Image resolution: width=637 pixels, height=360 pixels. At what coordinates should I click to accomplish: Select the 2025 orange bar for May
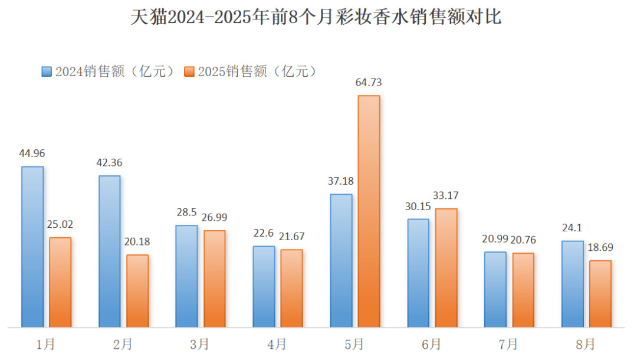(369, 211)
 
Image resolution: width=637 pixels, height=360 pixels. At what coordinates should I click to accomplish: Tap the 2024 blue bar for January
(32, 247)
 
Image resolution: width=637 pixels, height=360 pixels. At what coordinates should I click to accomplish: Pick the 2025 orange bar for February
(137, 291)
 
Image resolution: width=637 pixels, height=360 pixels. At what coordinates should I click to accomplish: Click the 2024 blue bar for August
(572, 284)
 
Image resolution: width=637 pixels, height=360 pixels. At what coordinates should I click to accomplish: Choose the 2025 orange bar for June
(446, 268)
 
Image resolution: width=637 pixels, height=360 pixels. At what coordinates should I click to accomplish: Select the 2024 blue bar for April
(264, 286)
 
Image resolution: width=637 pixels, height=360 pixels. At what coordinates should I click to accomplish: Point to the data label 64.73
(369, 83)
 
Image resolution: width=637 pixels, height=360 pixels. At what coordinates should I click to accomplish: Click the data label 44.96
(32, 153)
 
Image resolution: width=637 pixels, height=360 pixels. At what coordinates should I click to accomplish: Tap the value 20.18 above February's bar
(137, 241)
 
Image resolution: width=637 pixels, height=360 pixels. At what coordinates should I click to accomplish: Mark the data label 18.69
(600, 247)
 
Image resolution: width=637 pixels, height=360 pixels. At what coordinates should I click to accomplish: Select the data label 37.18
(341, 181)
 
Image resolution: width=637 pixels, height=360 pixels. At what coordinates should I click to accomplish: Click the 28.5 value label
(186, 212)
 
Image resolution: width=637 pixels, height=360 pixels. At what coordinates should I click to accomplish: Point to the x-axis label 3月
(200, 344)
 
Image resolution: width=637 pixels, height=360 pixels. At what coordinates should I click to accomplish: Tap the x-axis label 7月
(508, 344)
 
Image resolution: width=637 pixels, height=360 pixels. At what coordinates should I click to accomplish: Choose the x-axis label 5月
(354, 344)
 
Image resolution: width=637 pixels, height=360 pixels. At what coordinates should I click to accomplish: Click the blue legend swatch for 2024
(47, 71)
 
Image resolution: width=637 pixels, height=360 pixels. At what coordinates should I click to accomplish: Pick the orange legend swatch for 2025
(189, 71)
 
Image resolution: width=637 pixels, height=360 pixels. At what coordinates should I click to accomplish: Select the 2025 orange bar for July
(523, 290)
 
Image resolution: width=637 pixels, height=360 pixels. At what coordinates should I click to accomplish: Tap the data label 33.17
(446, 195)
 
